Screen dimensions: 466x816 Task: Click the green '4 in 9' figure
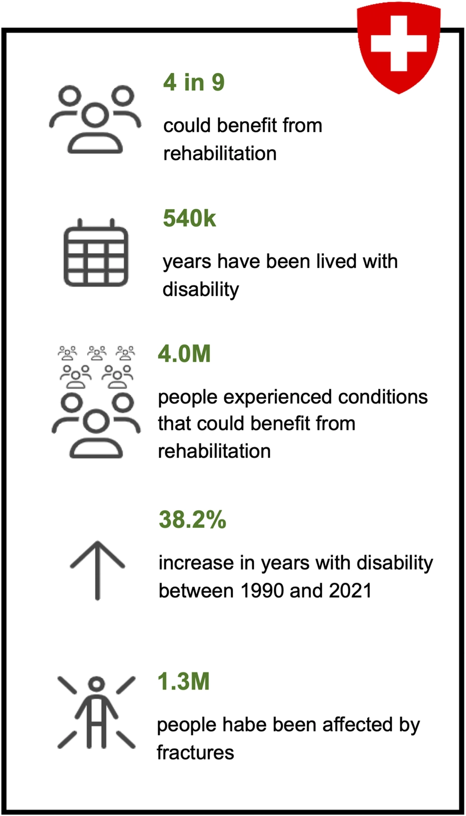(193, 82)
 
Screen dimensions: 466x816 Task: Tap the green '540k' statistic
(189, 218)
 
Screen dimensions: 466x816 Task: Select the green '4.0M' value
(184, 354)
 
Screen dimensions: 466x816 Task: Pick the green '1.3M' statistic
(184, 681)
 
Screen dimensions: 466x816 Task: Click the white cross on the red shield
(399, 43)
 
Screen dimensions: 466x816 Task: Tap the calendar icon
(96, 253)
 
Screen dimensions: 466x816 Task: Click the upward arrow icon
(97, 570)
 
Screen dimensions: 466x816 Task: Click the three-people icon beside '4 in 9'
(95, 119)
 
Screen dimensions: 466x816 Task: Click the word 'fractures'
(196, 752)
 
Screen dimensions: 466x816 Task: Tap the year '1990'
(262, 590)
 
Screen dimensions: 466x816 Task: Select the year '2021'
(350, 590)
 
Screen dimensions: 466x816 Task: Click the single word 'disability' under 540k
(201, 290)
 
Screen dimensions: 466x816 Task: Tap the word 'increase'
(196, 563)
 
